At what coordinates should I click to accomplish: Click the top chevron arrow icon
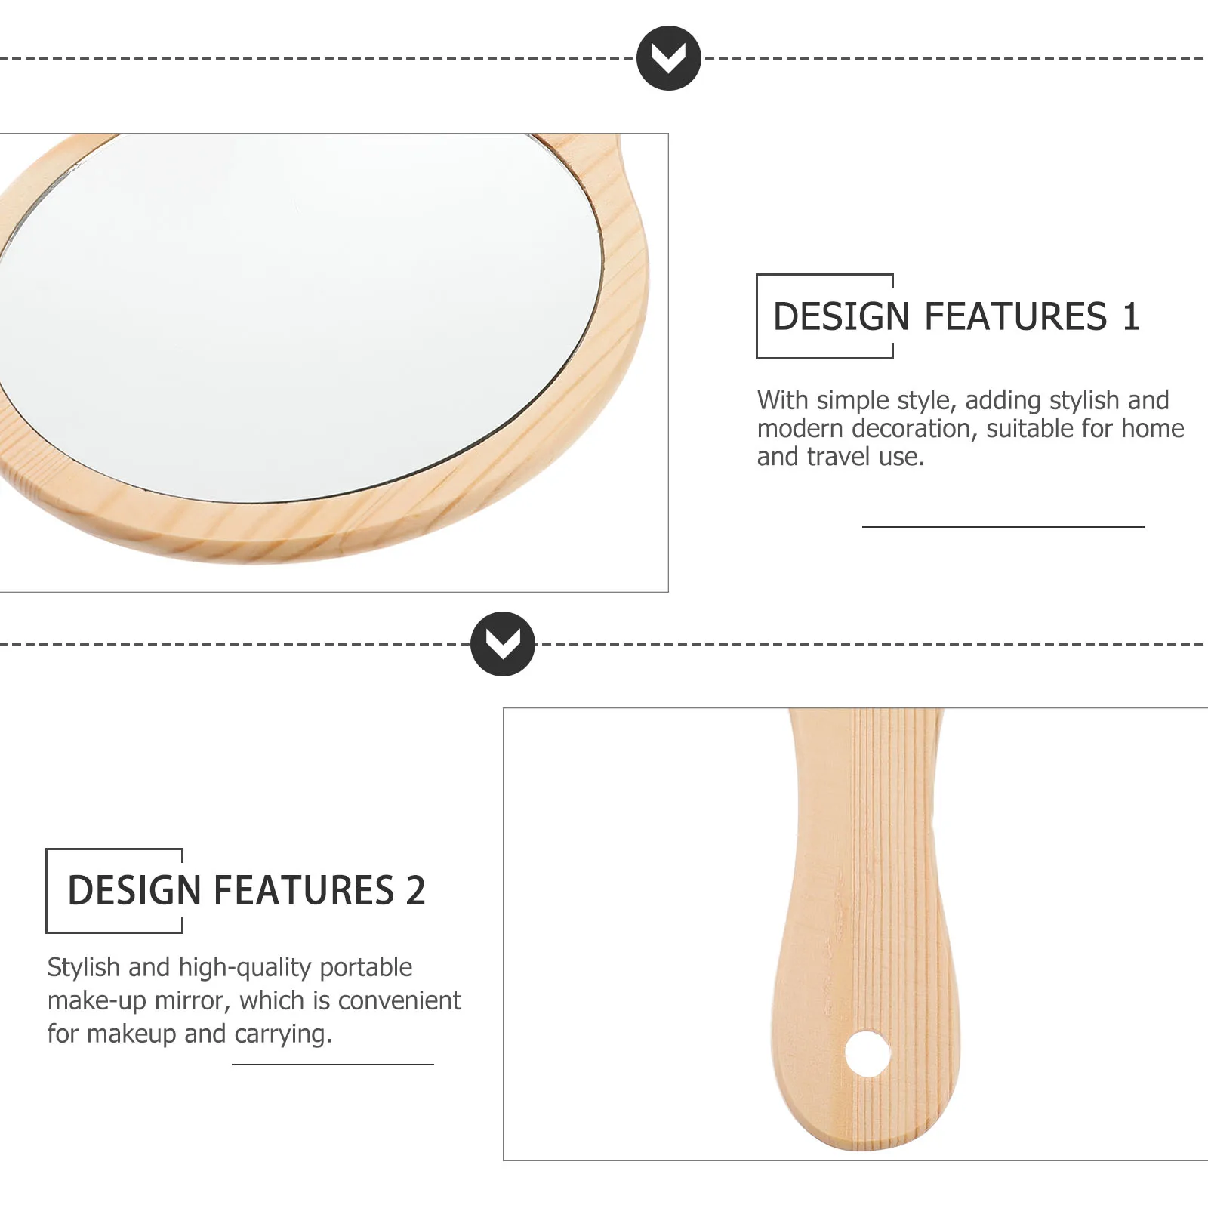[668, 58]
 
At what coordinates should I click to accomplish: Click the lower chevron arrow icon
[502, 644]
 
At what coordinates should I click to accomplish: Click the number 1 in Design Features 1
[1130, 316]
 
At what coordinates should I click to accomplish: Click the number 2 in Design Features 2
[415, 890]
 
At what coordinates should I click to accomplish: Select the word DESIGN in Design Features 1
[841, 316]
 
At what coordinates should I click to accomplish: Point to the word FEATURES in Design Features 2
[304, 890]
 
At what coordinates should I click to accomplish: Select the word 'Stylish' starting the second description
[84, 967]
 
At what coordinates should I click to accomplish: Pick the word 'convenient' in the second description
[399, 1000]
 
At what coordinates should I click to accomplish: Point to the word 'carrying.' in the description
[283, 1034]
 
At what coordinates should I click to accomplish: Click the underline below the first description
[1003, 526]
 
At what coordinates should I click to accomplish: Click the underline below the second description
[332, 1065]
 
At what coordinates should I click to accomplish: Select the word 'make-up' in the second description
[97, 1000]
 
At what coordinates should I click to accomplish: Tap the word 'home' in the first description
[1152, 428]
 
